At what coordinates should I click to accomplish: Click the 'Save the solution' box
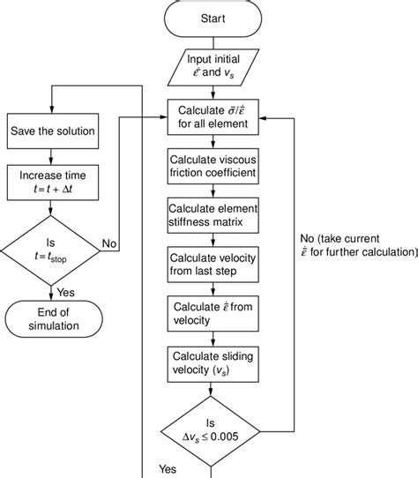tap(51, 131)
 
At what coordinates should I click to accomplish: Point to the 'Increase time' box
tap(51, 182)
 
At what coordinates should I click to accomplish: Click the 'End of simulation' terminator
tap(51, 318)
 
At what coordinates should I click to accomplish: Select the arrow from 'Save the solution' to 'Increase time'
tap(51, 155)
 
